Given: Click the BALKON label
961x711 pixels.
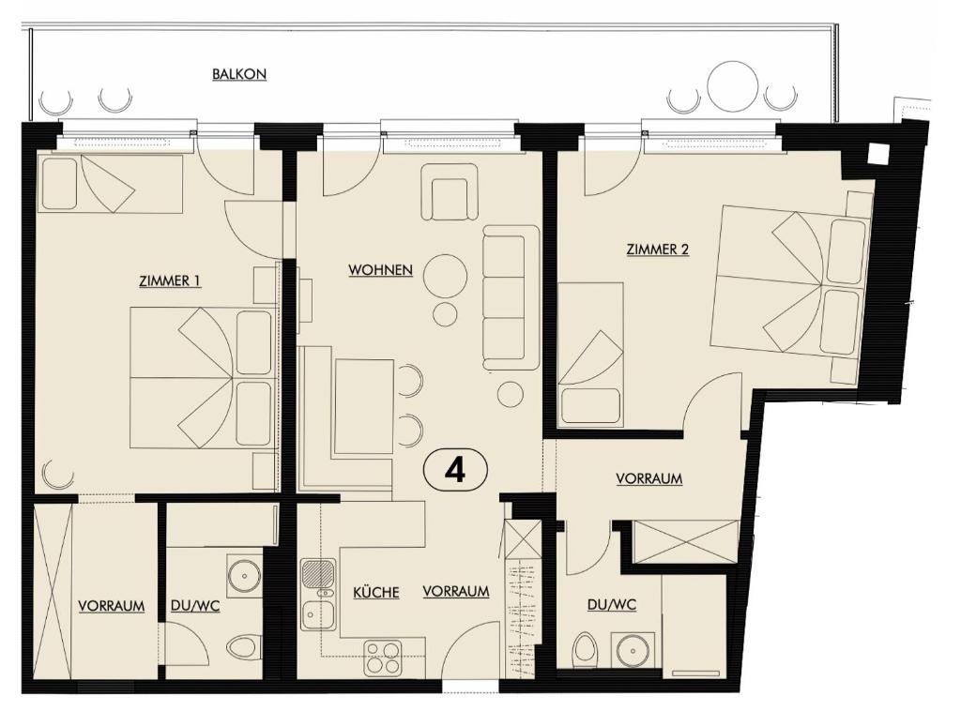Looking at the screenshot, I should click(239, 74).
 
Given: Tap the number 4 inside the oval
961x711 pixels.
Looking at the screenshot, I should click(455, 470).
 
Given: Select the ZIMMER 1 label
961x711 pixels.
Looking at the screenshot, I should click(170, 280).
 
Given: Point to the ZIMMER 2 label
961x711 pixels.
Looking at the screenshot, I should click(657, 250).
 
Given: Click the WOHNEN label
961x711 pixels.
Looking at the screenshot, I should click(380, 270).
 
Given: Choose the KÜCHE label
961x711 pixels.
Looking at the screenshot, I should click(375, 592).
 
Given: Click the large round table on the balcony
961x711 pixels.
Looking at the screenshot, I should click(732, 86).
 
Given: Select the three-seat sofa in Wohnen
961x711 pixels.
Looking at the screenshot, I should click(511, 296).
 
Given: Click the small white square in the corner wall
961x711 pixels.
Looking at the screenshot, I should click(878, 153).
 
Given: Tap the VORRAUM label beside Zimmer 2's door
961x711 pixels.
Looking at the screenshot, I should click(648, 478).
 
